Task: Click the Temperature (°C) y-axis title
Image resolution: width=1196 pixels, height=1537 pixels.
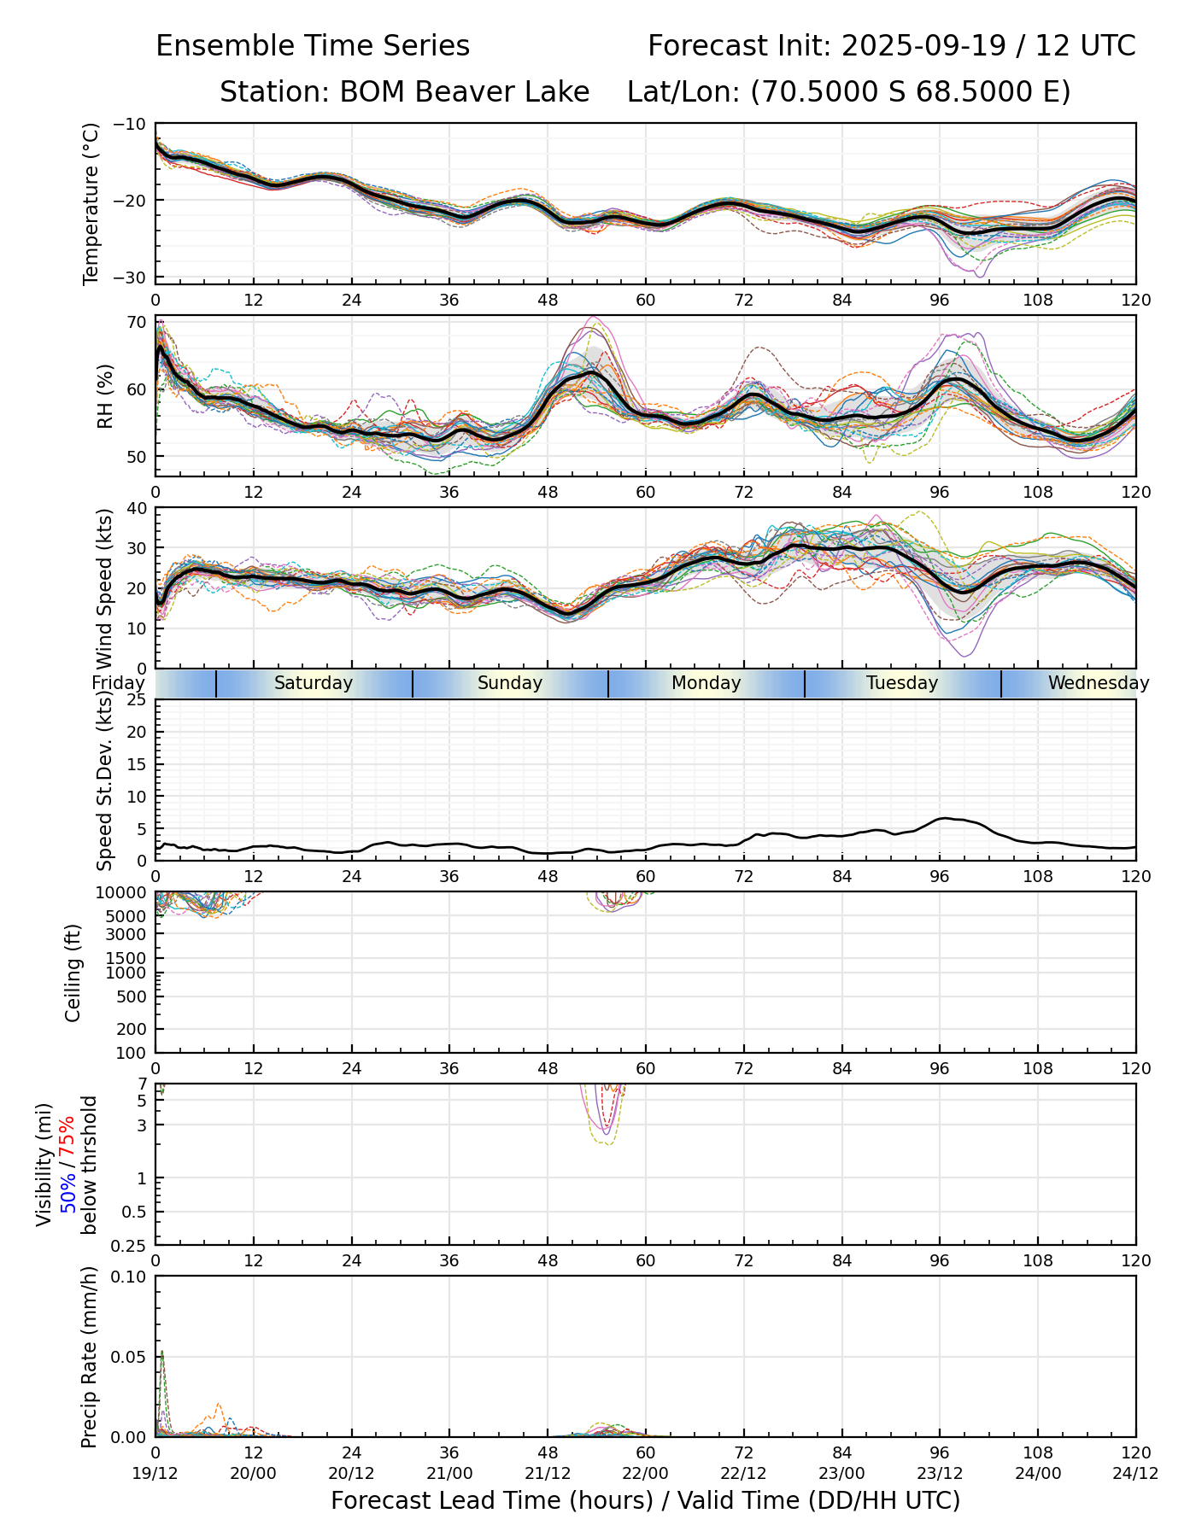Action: pos(91,203)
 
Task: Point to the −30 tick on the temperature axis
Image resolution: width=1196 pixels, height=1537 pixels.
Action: pos(135,278)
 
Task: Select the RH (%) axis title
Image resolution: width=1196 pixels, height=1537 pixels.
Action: pos(105,395)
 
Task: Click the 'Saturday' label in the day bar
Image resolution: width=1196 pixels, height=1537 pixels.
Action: pos(314,683)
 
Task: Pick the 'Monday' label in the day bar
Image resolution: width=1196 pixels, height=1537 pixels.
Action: pos(706,683)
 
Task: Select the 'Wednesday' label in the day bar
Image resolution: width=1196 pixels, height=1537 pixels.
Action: pos(1099,683)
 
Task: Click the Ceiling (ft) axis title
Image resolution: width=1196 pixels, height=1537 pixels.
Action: pos(73,973)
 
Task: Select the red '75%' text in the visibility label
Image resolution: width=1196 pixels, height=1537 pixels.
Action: pos(68,1138)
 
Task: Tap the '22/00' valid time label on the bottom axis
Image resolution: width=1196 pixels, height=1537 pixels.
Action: pos(645,1473)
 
